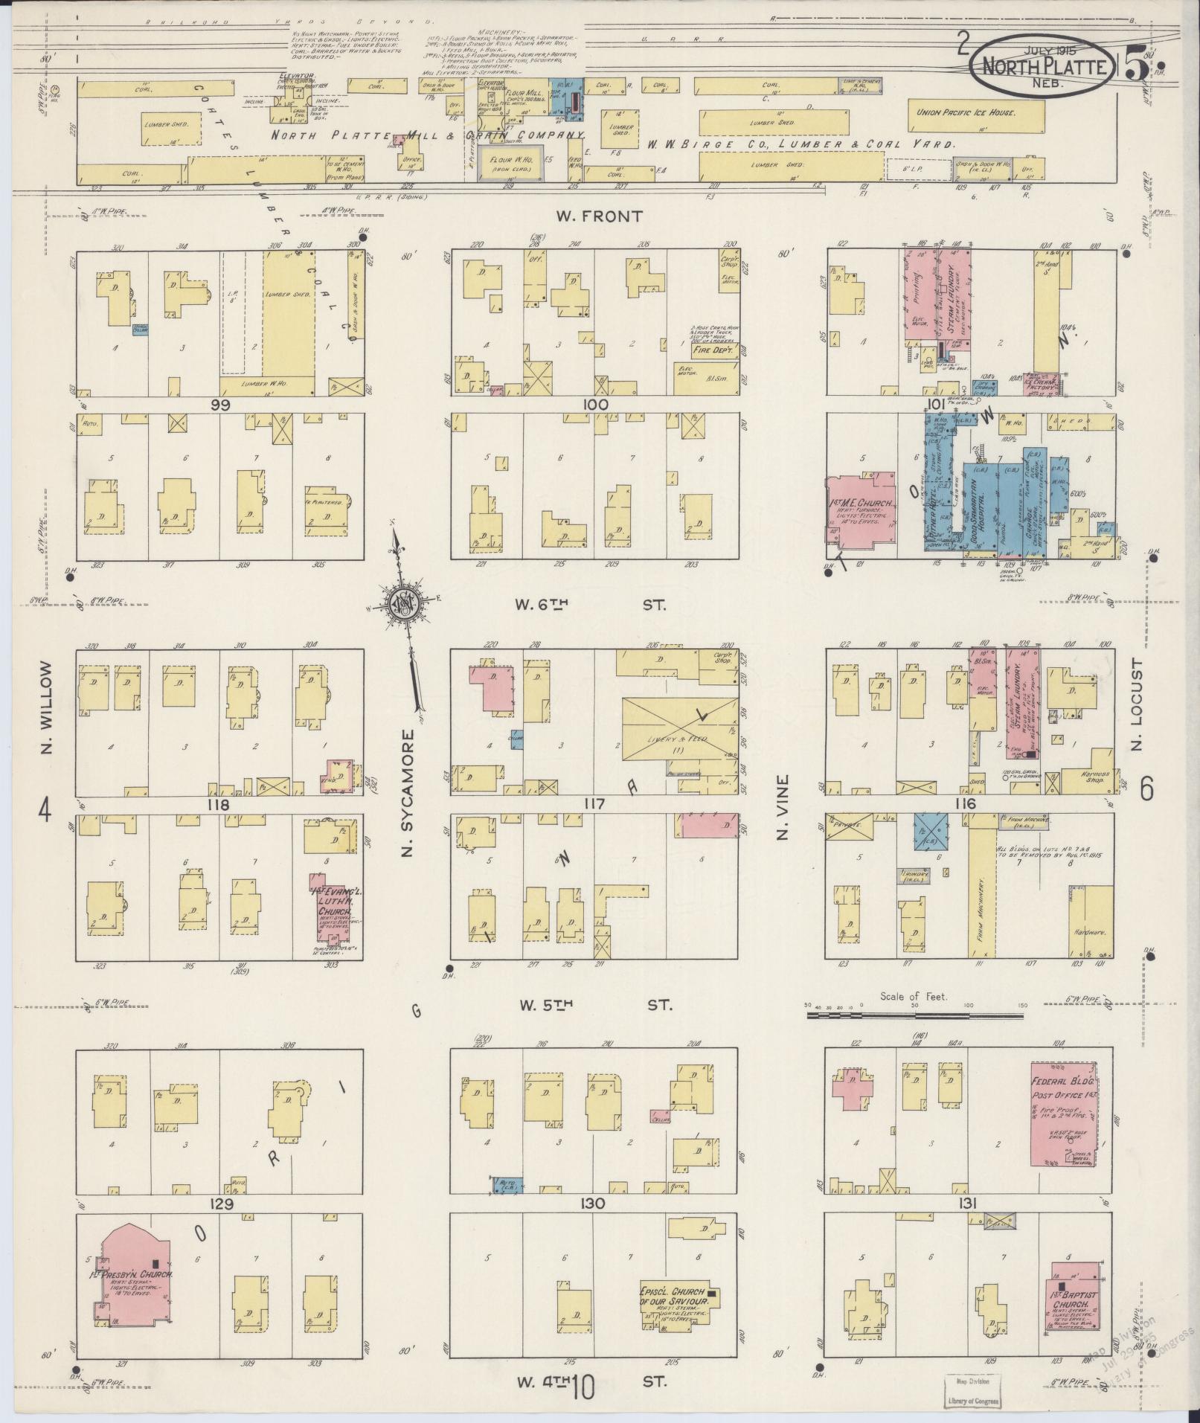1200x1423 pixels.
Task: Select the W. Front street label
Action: click(x=598, y=216)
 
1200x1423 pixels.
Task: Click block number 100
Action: click(x=597, y=405)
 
